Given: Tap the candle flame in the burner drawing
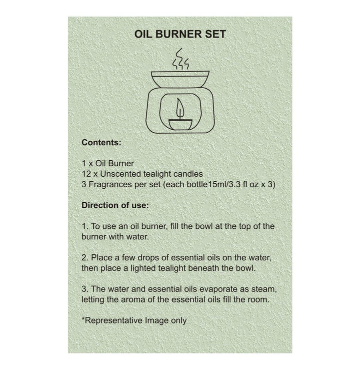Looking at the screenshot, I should (178, 107).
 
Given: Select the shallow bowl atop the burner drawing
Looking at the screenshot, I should (179, 79).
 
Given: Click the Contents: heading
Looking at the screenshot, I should (101, 142).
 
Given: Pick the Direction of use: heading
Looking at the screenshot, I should (115, 205).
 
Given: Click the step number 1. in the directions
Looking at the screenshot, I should (84, 227).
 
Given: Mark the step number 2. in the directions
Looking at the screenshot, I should (85, 258).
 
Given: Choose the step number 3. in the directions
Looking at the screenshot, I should (85, 289).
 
